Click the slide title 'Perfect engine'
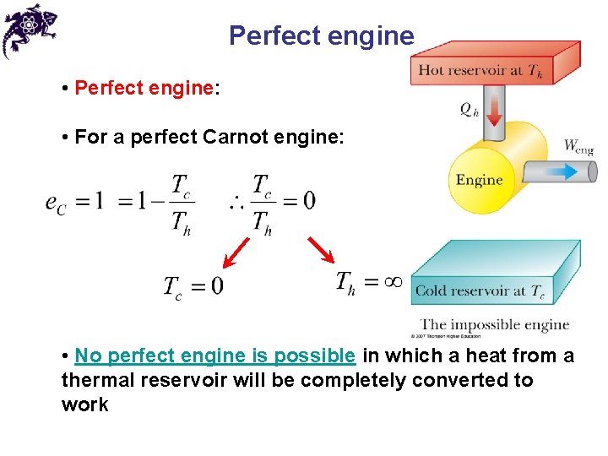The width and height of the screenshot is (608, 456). click(322, 36)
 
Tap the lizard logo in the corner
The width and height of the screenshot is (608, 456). click(29, 30)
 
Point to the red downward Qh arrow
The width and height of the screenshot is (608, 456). click(494, 109)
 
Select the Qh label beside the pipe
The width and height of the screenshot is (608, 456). click(470, 109)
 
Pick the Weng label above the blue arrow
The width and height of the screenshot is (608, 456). click(578, 146)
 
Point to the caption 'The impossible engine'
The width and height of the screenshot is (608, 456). click(495, 325)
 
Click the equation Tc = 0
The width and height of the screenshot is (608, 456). click(193, 286)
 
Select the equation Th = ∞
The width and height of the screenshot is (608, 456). click(368, 281)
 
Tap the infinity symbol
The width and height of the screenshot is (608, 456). click(392, 282)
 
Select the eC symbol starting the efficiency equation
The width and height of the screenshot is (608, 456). click(57, 203)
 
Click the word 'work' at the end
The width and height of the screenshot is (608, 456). click(84, 404)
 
